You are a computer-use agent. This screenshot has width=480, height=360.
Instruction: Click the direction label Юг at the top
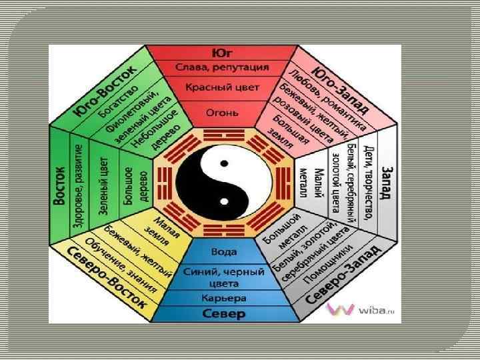(223, 52)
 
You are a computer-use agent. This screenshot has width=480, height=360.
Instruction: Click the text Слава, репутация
(223, 67)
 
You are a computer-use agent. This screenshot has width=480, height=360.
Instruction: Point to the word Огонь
(223, 113)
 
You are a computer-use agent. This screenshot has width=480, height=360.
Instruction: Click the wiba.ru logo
(357, 310)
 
